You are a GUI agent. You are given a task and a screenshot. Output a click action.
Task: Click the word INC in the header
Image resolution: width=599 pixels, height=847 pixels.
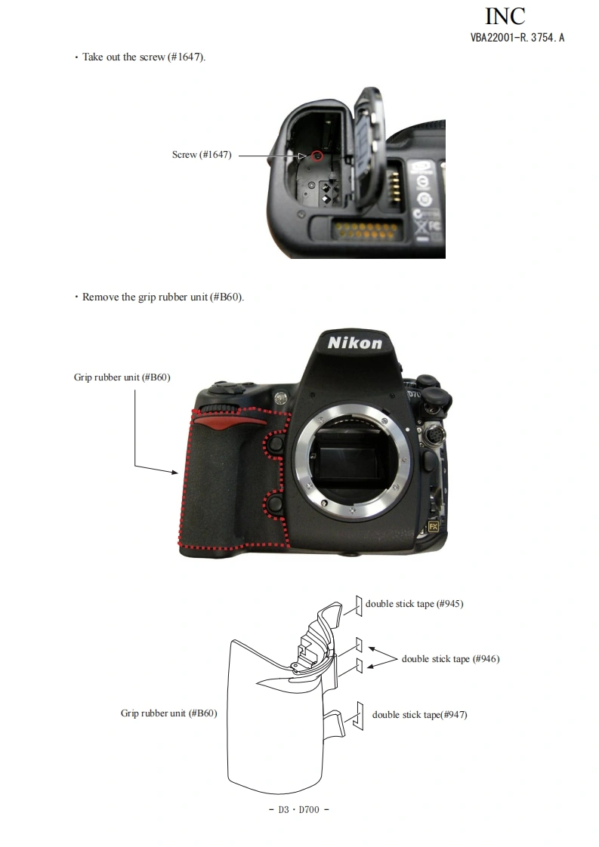505,16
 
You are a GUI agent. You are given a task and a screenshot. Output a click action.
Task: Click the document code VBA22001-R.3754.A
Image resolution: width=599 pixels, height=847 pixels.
517,37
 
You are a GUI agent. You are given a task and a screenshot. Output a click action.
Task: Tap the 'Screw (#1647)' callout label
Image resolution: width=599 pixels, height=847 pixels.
202,155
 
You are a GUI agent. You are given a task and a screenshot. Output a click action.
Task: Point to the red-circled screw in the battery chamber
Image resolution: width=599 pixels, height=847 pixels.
317,156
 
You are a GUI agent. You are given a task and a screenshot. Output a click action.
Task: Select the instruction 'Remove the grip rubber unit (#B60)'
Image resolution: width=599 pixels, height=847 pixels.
162,297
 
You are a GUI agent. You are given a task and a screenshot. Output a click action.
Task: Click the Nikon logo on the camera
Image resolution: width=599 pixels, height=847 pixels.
354,343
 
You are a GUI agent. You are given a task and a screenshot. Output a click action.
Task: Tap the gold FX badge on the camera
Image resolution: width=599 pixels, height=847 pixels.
434,527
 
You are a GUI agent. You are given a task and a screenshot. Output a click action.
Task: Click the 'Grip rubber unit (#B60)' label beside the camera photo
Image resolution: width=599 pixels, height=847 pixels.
122,377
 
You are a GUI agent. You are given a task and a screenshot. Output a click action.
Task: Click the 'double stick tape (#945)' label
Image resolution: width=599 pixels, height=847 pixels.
414,604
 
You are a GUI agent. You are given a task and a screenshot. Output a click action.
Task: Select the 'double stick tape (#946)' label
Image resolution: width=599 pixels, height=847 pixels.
450,659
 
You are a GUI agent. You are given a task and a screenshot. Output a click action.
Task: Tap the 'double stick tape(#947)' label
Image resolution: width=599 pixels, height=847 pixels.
419,715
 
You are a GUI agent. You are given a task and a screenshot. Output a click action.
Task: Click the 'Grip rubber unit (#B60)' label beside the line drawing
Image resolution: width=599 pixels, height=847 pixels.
168,713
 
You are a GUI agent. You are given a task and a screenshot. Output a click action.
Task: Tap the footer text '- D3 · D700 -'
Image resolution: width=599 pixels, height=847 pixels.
299,810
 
